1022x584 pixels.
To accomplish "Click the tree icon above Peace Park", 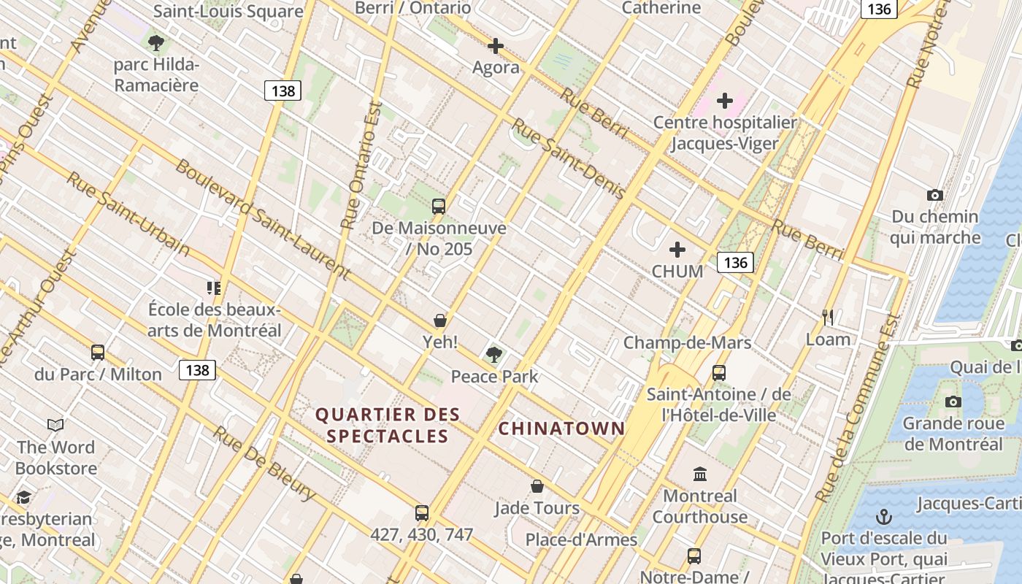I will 494,355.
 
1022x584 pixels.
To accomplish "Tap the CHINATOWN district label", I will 561,429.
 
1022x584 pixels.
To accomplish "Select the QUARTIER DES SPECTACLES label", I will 388,426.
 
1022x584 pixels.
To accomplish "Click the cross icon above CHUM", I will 677,250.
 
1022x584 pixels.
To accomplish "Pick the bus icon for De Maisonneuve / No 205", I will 438,207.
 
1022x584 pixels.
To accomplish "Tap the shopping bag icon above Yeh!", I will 440,320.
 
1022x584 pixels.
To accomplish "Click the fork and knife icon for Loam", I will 828,318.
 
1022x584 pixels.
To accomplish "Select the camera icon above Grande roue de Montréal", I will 953,402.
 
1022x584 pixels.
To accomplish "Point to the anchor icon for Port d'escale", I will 884,518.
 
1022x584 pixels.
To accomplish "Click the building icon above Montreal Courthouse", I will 700,474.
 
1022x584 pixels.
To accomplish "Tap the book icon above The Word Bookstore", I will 55,425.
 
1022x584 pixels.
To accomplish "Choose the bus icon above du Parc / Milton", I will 98,353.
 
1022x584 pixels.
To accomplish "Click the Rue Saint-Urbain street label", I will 128,215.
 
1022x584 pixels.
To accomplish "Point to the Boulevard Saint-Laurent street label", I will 263,220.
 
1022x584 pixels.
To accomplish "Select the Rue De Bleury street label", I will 264,464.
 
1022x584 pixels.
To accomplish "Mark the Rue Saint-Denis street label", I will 568,158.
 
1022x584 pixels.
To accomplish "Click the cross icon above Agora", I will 496,46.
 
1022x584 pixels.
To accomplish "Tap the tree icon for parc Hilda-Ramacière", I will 155,42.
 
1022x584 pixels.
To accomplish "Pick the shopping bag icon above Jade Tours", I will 537,486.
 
